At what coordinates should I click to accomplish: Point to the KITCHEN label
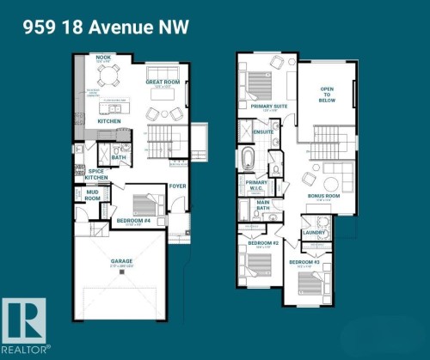109,121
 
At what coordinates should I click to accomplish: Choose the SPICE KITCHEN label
97,174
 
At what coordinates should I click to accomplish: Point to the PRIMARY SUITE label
267,106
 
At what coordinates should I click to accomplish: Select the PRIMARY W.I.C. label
256,185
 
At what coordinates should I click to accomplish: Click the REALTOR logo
25,325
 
